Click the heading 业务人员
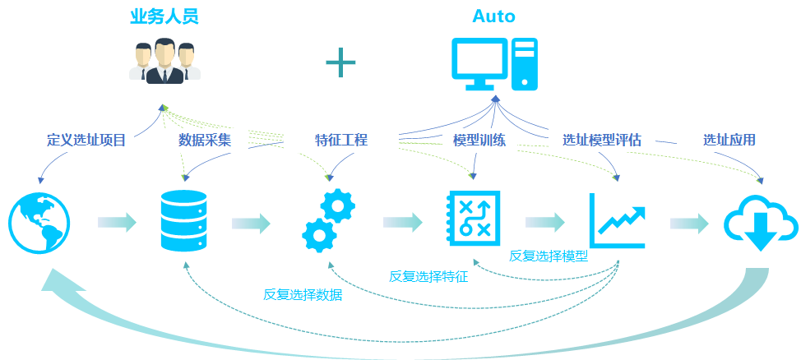click(x=164, y=16)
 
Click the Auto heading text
click(x=494, y=16)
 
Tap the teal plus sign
click(x=340, y=62)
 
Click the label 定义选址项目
click(x=86, y=141)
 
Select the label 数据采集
click(x=205, y=141)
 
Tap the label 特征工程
click(x=340, y=141)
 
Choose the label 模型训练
click(x=479, y=141)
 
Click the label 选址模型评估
click(x=602, y=141)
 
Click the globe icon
click(x=39, y=222)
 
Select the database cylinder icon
click(x=182, y=220)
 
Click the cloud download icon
click(x=760, y=223)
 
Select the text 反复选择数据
click(x=303, y=295)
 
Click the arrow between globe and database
click(x=116, y=222)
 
